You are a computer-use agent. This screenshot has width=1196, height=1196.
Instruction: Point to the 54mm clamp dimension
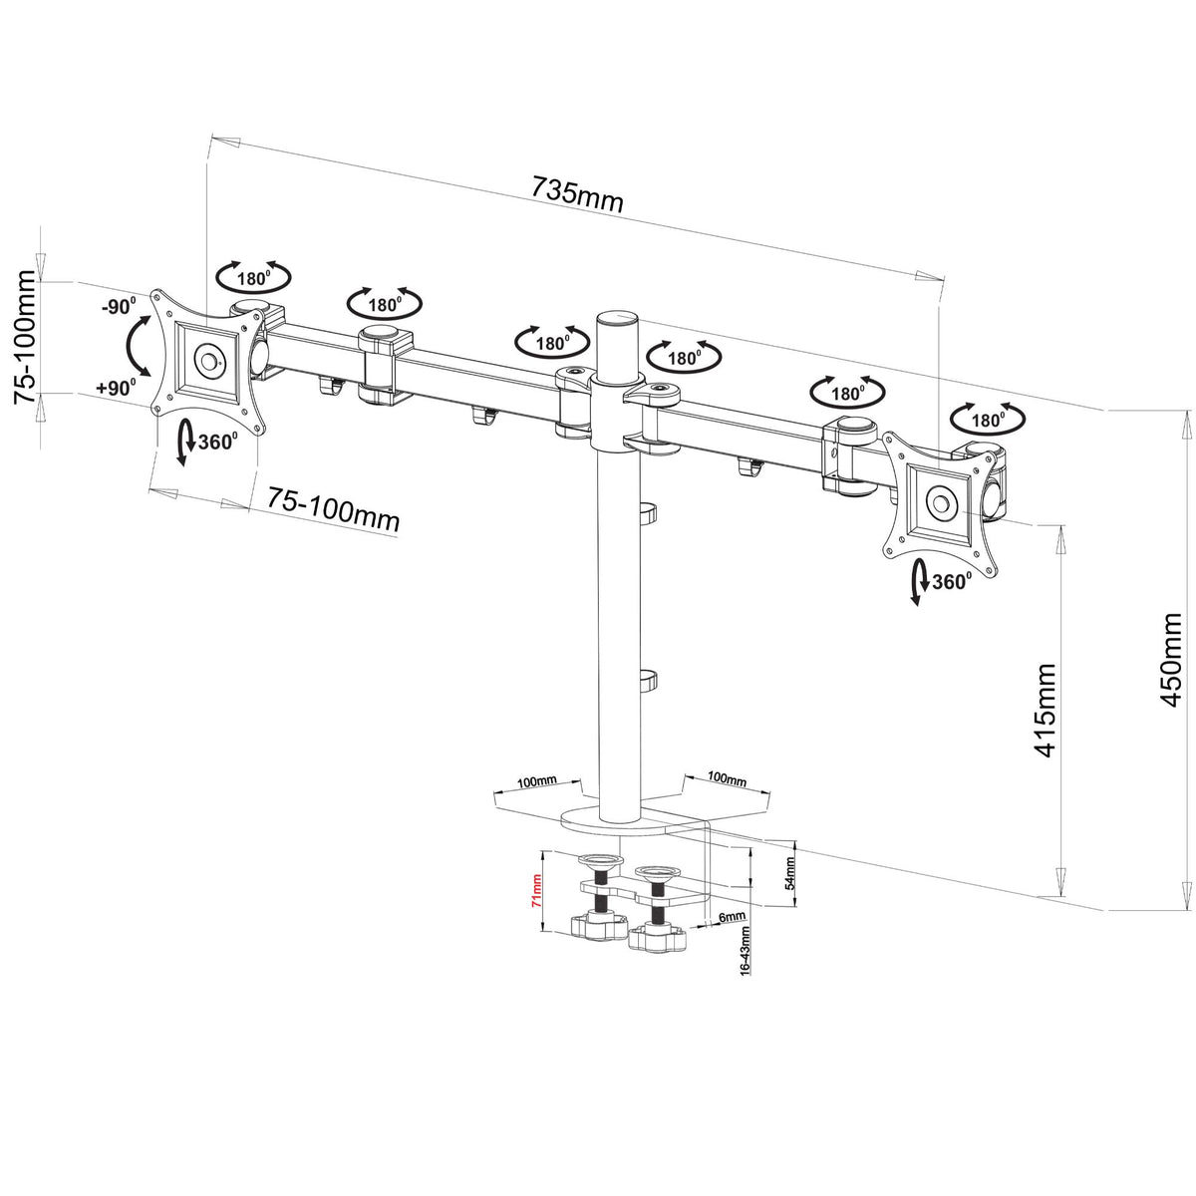[789, 873]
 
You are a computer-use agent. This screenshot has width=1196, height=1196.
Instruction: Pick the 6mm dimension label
[731, 917]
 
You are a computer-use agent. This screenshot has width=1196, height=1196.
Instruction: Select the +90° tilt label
[118, 388]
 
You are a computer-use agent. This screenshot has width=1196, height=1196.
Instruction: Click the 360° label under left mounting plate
[217, 442]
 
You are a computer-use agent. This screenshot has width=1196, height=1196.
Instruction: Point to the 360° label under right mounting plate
[951, 582]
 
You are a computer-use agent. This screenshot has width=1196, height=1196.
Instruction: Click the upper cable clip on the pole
[646, 512]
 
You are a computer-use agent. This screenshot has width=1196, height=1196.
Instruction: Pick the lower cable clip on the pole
[646, 680]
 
